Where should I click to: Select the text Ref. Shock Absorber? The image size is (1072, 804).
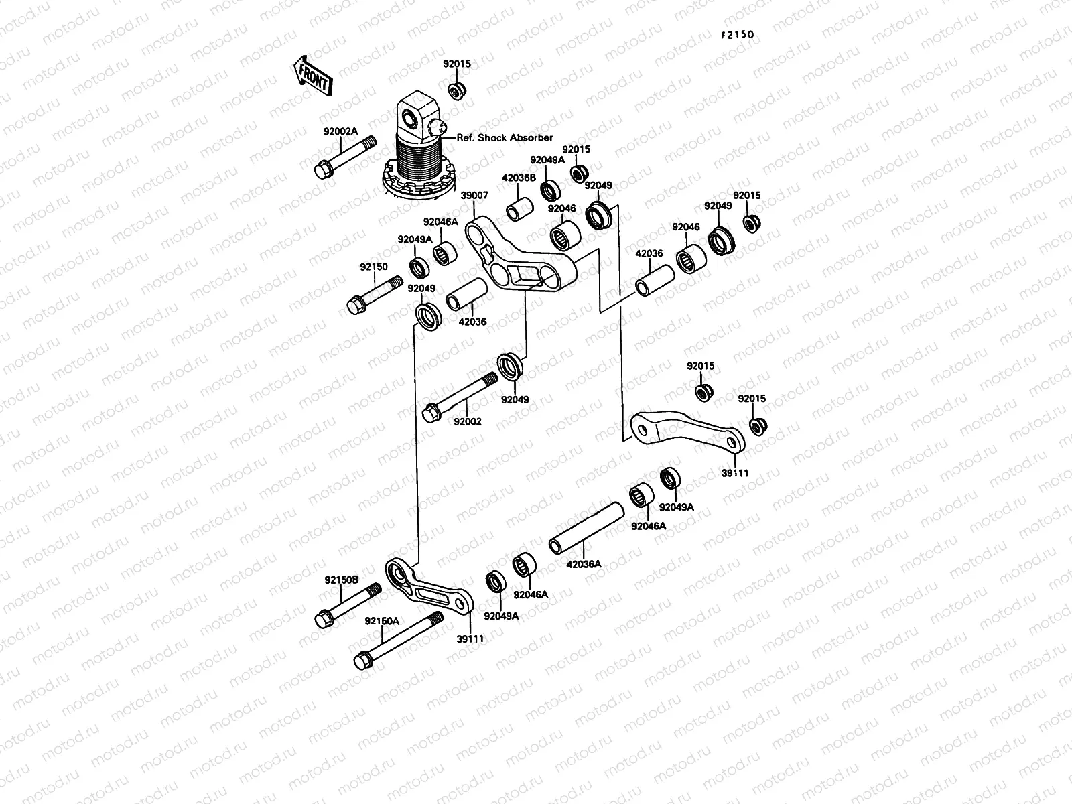coord(505,138)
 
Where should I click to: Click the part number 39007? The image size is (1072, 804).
coord(474,195)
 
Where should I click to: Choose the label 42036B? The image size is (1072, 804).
coord(519,178)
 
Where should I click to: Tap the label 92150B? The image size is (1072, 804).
coord(342,580)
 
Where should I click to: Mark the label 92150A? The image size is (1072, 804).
coord(382,621)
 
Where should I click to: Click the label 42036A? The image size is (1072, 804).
coord(584,564)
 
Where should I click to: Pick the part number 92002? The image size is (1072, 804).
coord(468,422)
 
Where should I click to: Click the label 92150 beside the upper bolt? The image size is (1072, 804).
coord(373,267)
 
